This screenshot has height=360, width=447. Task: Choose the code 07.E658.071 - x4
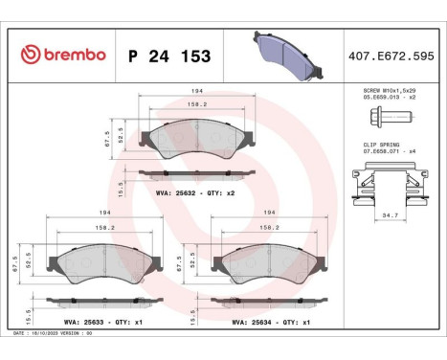tap(389, 150)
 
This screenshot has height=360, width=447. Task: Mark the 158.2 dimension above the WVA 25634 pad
tap(269, 228)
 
